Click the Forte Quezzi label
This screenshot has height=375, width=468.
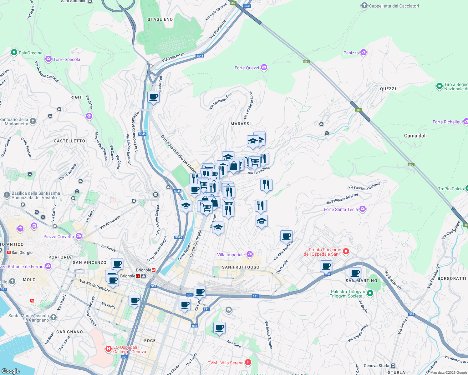click(x=247, y=68)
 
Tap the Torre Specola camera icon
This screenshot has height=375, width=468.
click(x=48, y=59)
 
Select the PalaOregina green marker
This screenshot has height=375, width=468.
click(x=14, y=52)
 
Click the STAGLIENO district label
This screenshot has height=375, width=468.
click(x=160, y=19)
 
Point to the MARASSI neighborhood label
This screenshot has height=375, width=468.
click(x=241, y=124)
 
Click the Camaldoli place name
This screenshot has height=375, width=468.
click(x=415, y=136)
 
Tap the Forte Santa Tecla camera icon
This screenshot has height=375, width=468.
click(x=363, y=209)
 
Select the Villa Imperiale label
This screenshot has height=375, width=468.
click(x=231, y=255)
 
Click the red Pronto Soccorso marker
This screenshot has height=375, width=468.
click(x=346, y=251)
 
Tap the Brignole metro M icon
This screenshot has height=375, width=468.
click(x=154, y=270)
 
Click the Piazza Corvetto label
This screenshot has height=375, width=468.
click(x=59, y=237)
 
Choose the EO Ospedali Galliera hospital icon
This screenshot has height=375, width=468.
click(x=109, y=349)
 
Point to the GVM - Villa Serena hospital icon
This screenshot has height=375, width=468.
click(x=248, y=362)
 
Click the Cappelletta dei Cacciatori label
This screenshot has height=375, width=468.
click(x=394, y=6)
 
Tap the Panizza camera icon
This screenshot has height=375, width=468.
click(x=364, y=52)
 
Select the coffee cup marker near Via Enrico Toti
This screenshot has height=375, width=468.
click(x=153, y=97)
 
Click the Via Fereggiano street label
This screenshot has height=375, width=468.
click(x=259, y=171)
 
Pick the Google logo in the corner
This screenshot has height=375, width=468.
click(x=11, y=371)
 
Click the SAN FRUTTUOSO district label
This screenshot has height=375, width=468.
click(x=241, y=267)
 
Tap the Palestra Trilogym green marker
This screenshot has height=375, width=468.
click(x=370, y=293)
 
